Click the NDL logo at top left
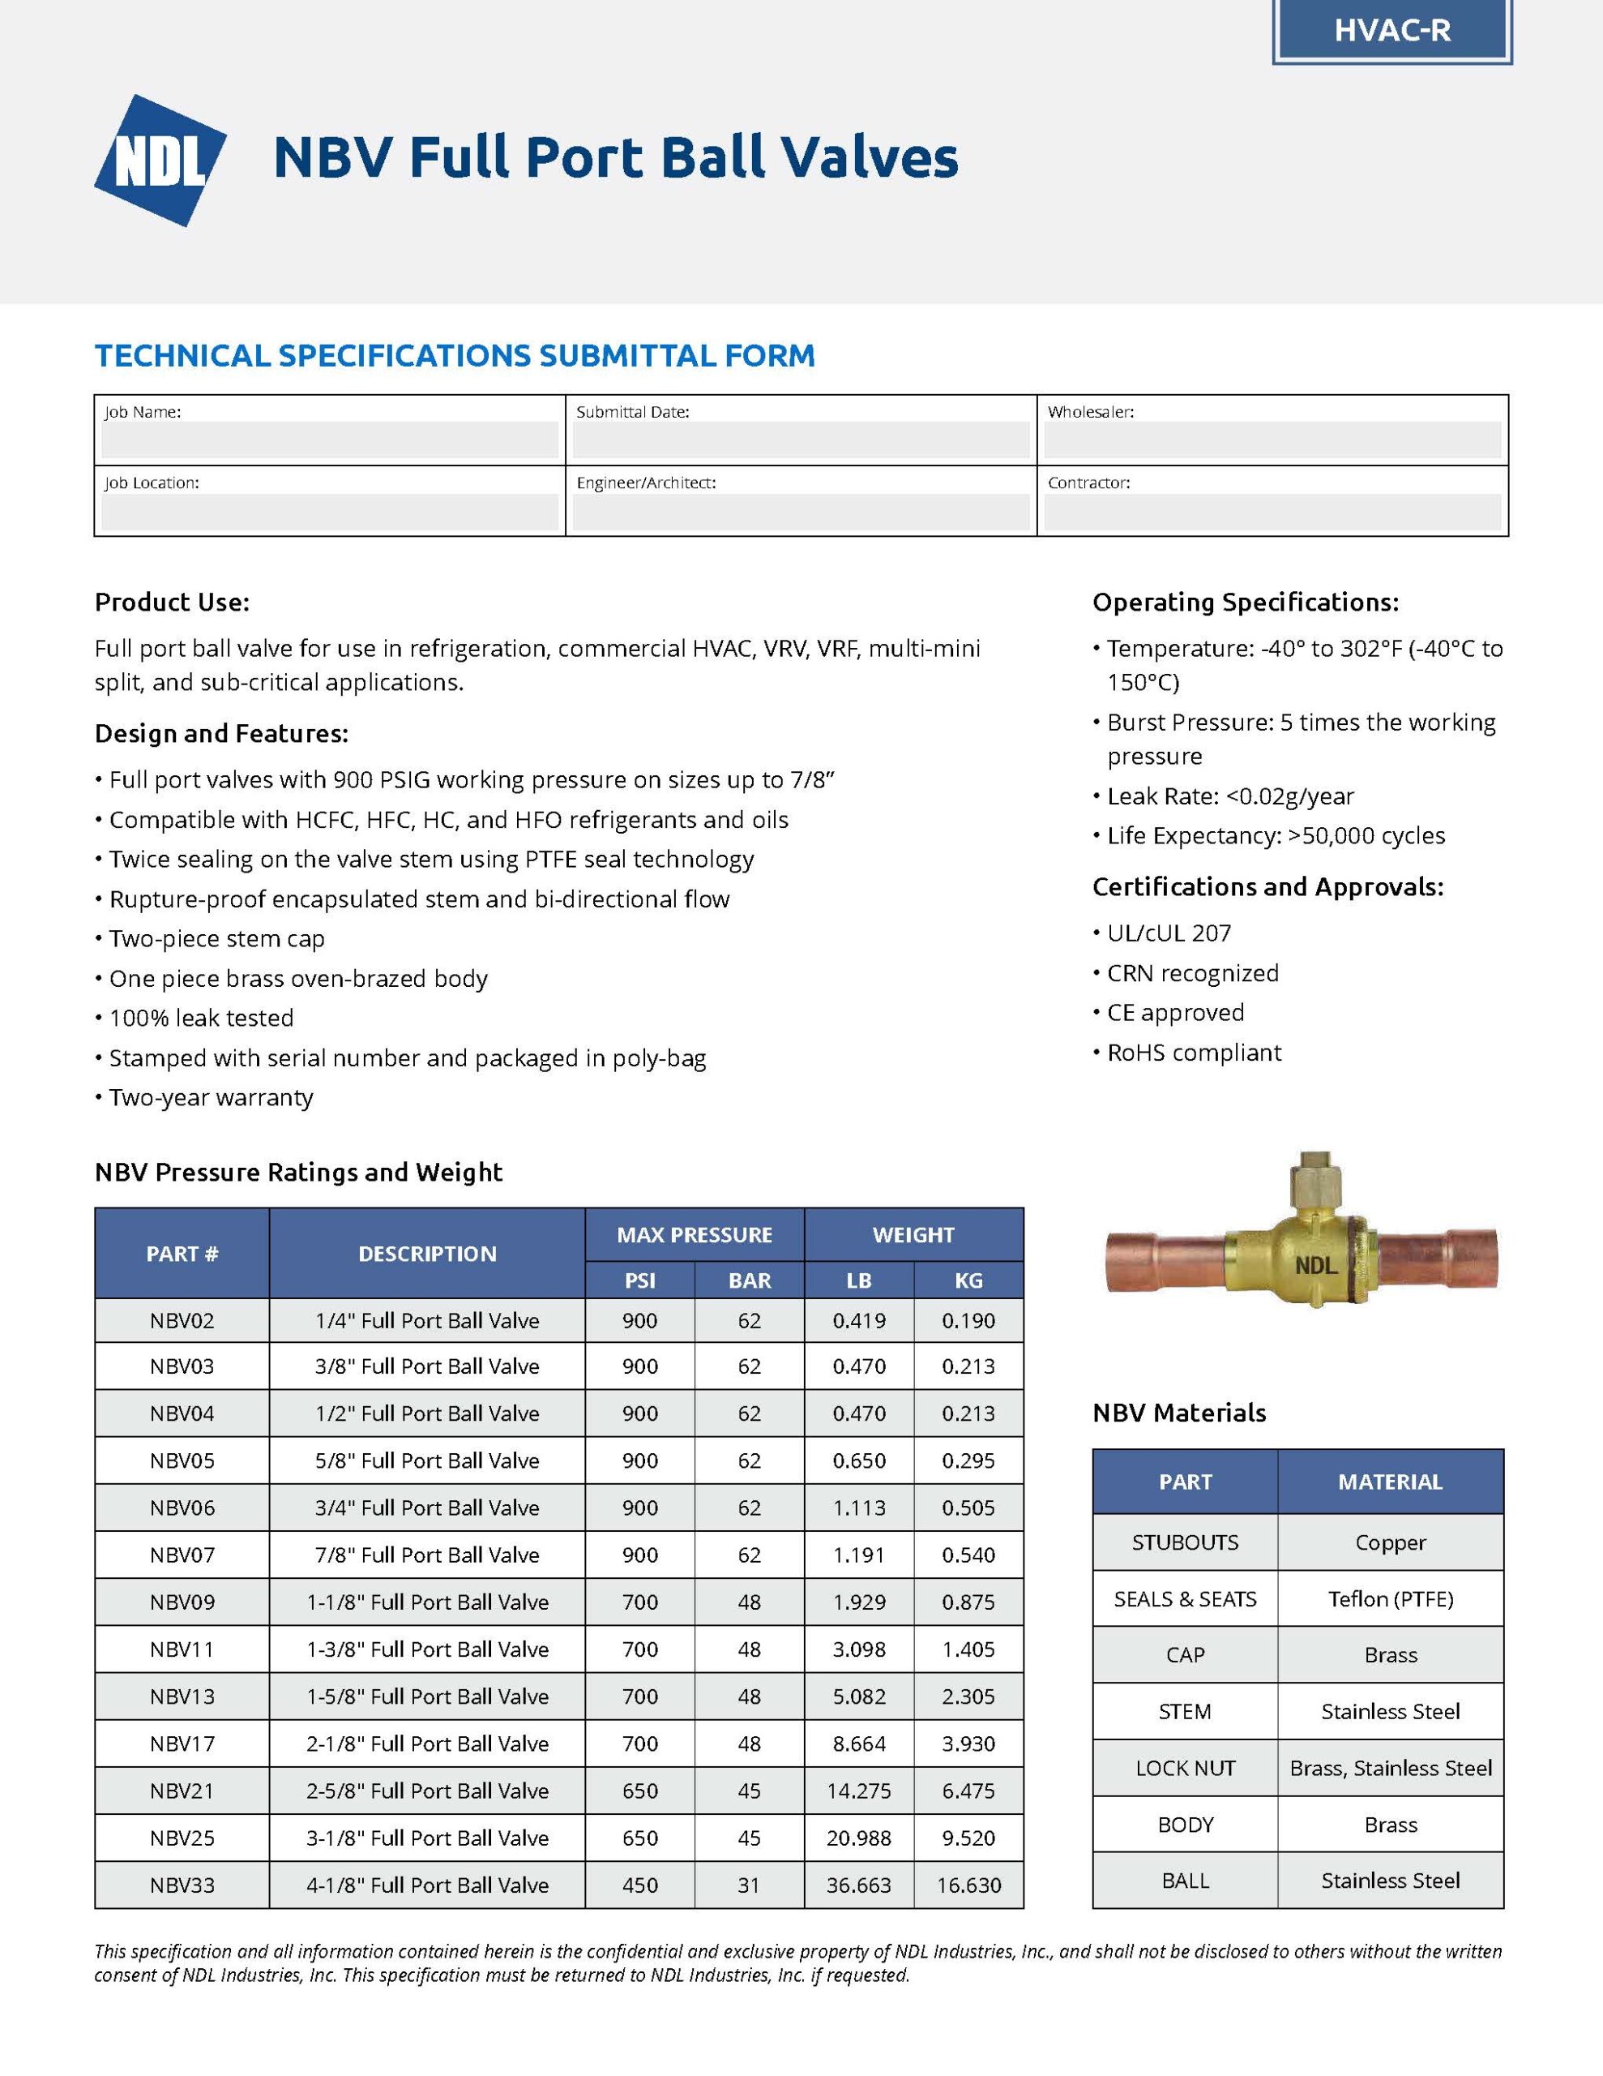pos(160,161)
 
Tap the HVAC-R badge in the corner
pos(1391,32)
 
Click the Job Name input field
pos(330,440)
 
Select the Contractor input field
pos(1272,512)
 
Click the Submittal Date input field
pos(800,440)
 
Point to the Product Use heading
pos(172,603)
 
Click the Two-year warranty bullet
pos(210,1098)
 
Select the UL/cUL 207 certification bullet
pos(1168,933)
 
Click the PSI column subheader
pos(639,1280)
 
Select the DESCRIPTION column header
pos(426,1254)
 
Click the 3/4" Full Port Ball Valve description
pos(426,1508)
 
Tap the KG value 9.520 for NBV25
pos(968,1838)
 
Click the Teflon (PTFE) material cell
pos(1390,1599)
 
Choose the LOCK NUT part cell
pos(1185,1768)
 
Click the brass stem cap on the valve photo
pos(1315,1182)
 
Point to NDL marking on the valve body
pos(1316,1265)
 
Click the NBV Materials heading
pos(1178,1413)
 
